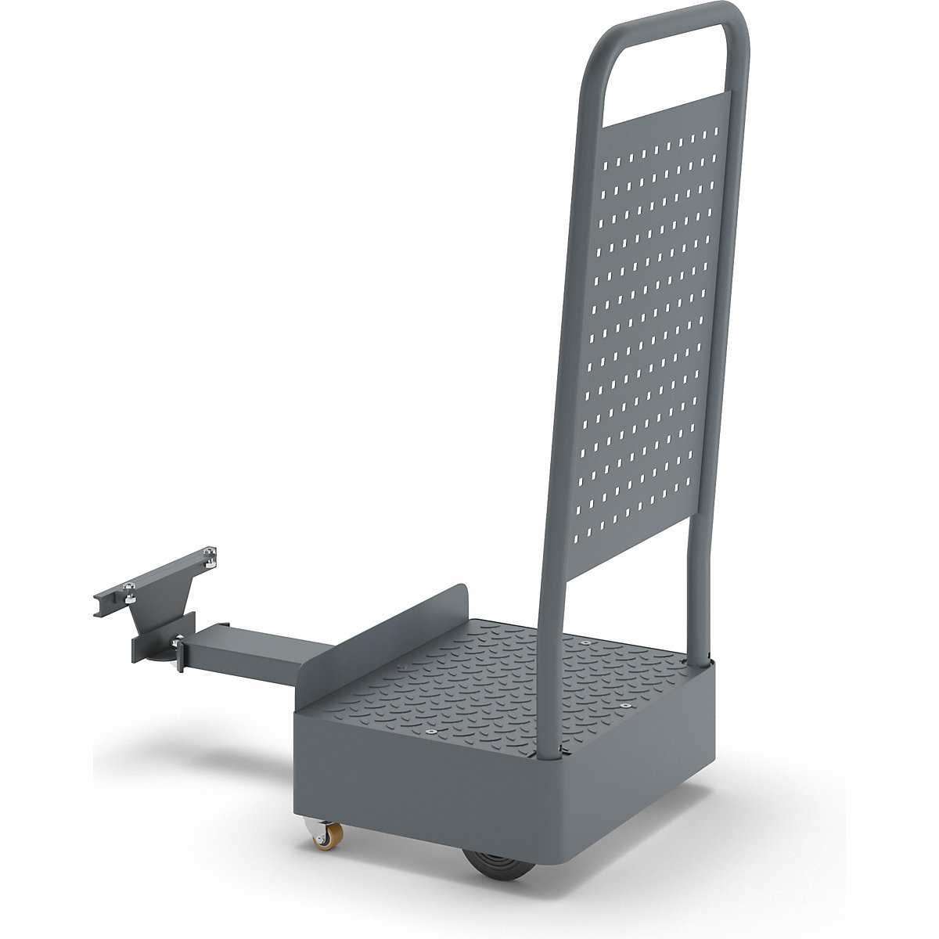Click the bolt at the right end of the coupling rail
coord(210,556)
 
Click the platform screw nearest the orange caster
coord(430,731)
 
